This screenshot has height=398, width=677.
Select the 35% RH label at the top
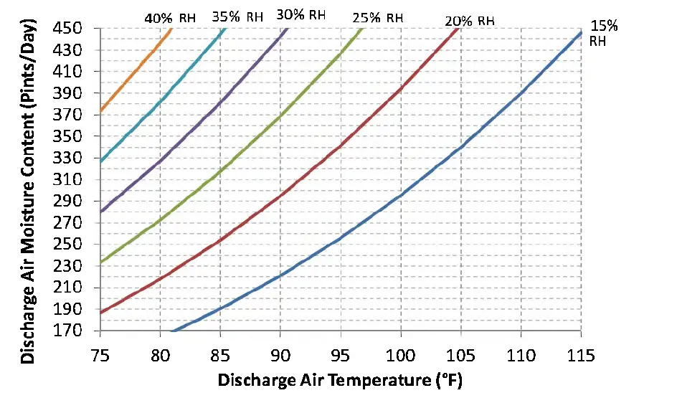click(x=237, y=16)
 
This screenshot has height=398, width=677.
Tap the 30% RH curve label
click(x=300, y=14)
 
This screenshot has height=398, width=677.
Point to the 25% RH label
click(x=378, y=17)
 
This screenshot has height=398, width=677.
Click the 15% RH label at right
click(x=603, y=33)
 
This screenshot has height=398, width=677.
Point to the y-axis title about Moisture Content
click(x=29, y=179)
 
